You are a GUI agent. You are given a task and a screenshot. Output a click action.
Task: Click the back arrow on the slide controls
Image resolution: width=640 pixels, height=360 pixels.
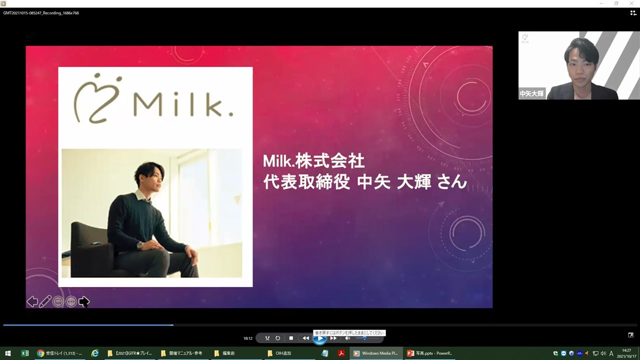[32, 301]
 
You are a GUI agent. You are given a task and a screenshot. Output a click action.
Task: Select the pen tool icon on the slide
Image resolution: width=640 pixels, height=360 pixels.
[45, 301]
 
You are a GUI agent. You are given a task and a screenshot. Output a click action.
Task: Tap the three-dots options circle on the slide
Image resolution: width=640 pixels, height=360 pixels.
[71, 301]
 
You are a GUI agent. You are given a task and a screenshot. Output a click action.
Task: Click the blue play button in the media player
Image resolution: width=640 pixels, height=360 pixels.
[319, 338]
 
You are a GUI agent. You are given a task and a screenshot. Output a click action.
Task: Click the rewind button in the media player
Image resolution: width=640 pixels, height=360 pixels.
[305, 338]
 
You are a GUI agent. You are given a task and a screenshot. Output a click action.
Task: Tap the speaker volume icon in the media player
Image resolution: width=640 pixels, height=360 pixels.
[347, 338]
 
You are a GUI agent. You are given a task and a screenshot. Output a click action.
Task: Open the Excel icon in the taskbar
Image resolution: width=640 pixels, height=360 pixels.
[24, 353]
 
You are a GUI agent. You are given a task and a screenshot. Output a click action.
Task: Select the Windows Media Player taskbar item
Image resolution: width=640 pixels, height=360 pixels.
[375, 353]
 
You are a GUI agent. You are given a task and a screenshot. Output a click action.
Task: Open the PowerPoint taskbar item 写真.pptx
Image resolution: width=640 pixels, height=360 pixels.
[429, 353]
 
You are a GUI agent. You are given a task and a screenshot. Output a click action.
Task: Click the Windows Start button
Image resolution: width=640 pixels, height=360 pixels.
[8, 353]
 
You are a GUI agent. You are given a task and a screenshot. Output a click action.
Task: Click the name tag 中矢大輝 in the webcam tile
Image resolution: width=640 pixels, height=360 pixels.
[531, 93]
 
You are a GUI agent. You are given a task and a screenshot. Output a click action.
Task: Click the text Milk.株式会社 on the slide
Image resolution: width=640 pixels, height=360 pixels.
[313, 161]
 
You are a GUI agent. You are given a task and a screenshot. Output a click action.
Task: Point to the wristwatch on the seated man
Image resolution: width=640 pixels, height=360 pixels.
[140, 245]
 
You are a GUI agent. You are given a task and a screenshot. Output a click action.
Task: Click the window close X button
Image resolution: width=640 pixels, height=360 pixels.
[632, 3]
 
